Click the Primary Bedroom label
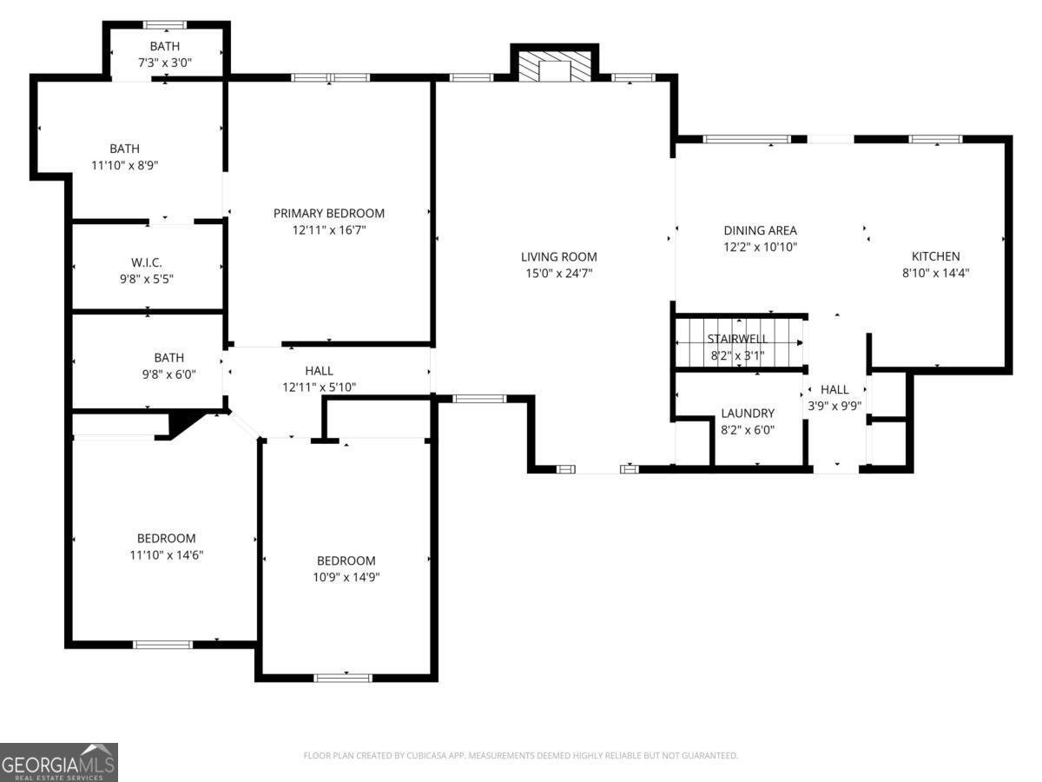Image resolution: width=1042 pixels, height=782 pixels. [328, 213]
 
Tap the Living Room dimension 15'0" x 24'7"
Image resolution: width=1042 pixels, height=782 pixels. [558, 273]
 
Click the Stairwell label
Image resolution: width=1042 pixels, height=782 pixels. [737, 338]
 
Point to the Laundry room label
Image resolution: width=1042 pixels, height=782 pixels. [747, 414]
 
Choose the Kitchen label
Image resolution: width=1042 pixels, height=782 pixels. [935, 256]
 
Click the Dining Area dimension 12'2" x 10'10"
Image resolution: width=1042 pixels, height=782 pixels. [760, 247]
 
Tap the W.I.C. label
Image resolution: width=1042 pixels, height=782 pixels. [147, 262]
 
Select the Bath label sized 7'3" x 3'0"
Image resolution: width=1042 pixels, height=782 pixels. [166, 46]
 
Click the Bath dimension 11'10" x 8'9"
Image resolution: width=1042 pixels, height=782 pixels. [124, 164]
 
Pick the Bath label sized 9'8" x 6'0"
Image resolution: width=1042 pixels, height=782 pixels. [168, 357]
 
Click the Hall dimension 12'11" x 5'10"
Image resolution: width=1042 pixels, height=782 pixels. [319, 388]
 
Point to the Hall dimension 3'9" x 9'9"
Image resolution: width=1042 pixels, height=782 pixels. [834, 405]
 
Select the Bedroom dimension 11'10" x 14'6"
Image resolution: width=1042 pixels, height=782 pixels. [166, 554]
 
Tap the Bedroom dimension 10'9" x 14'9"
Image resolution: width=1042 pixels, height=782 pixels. [346, 577]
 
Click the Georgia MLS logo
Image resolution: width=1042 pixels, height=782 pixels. [58, 762]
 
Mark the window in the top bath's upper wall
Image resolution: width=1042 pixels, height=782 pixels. [164, 24]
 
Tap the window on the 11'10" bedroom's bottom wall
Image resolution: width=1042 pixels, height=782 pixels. [162, 644]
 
